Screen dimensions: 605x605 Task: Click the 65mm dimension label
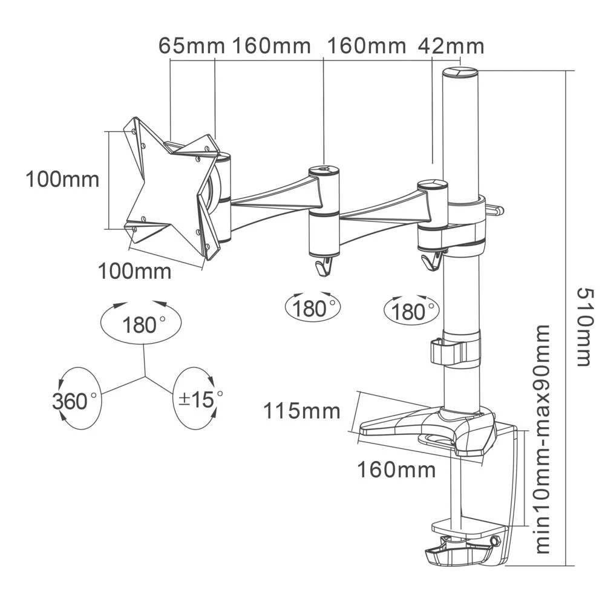(x=192, y=46)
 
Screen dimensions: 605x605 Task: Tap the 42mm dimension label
(x=451, y=46)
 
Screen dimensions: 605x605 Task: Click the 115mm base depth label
(x=301, y=411)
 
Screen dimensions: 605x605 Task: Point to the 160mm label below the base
(x=396, y=469)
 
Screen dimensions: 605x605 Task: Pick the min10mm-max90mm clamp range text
(x=542, y=439)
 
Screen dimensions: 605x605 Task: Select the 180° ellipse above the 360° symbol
(x=140, y=325)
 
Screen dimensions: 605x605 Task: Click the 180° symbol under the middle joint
(x=313, y=308)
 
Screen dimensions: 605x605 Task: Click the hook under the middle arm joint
(x=324, y=266)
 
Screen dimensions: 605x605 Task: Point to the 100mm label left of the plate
(x=62, y=179)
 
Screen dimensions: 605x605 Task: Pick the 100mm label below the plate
(x=135, y=271)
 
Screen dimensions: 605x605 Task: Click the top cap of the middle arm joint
(x=324, y=172)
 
